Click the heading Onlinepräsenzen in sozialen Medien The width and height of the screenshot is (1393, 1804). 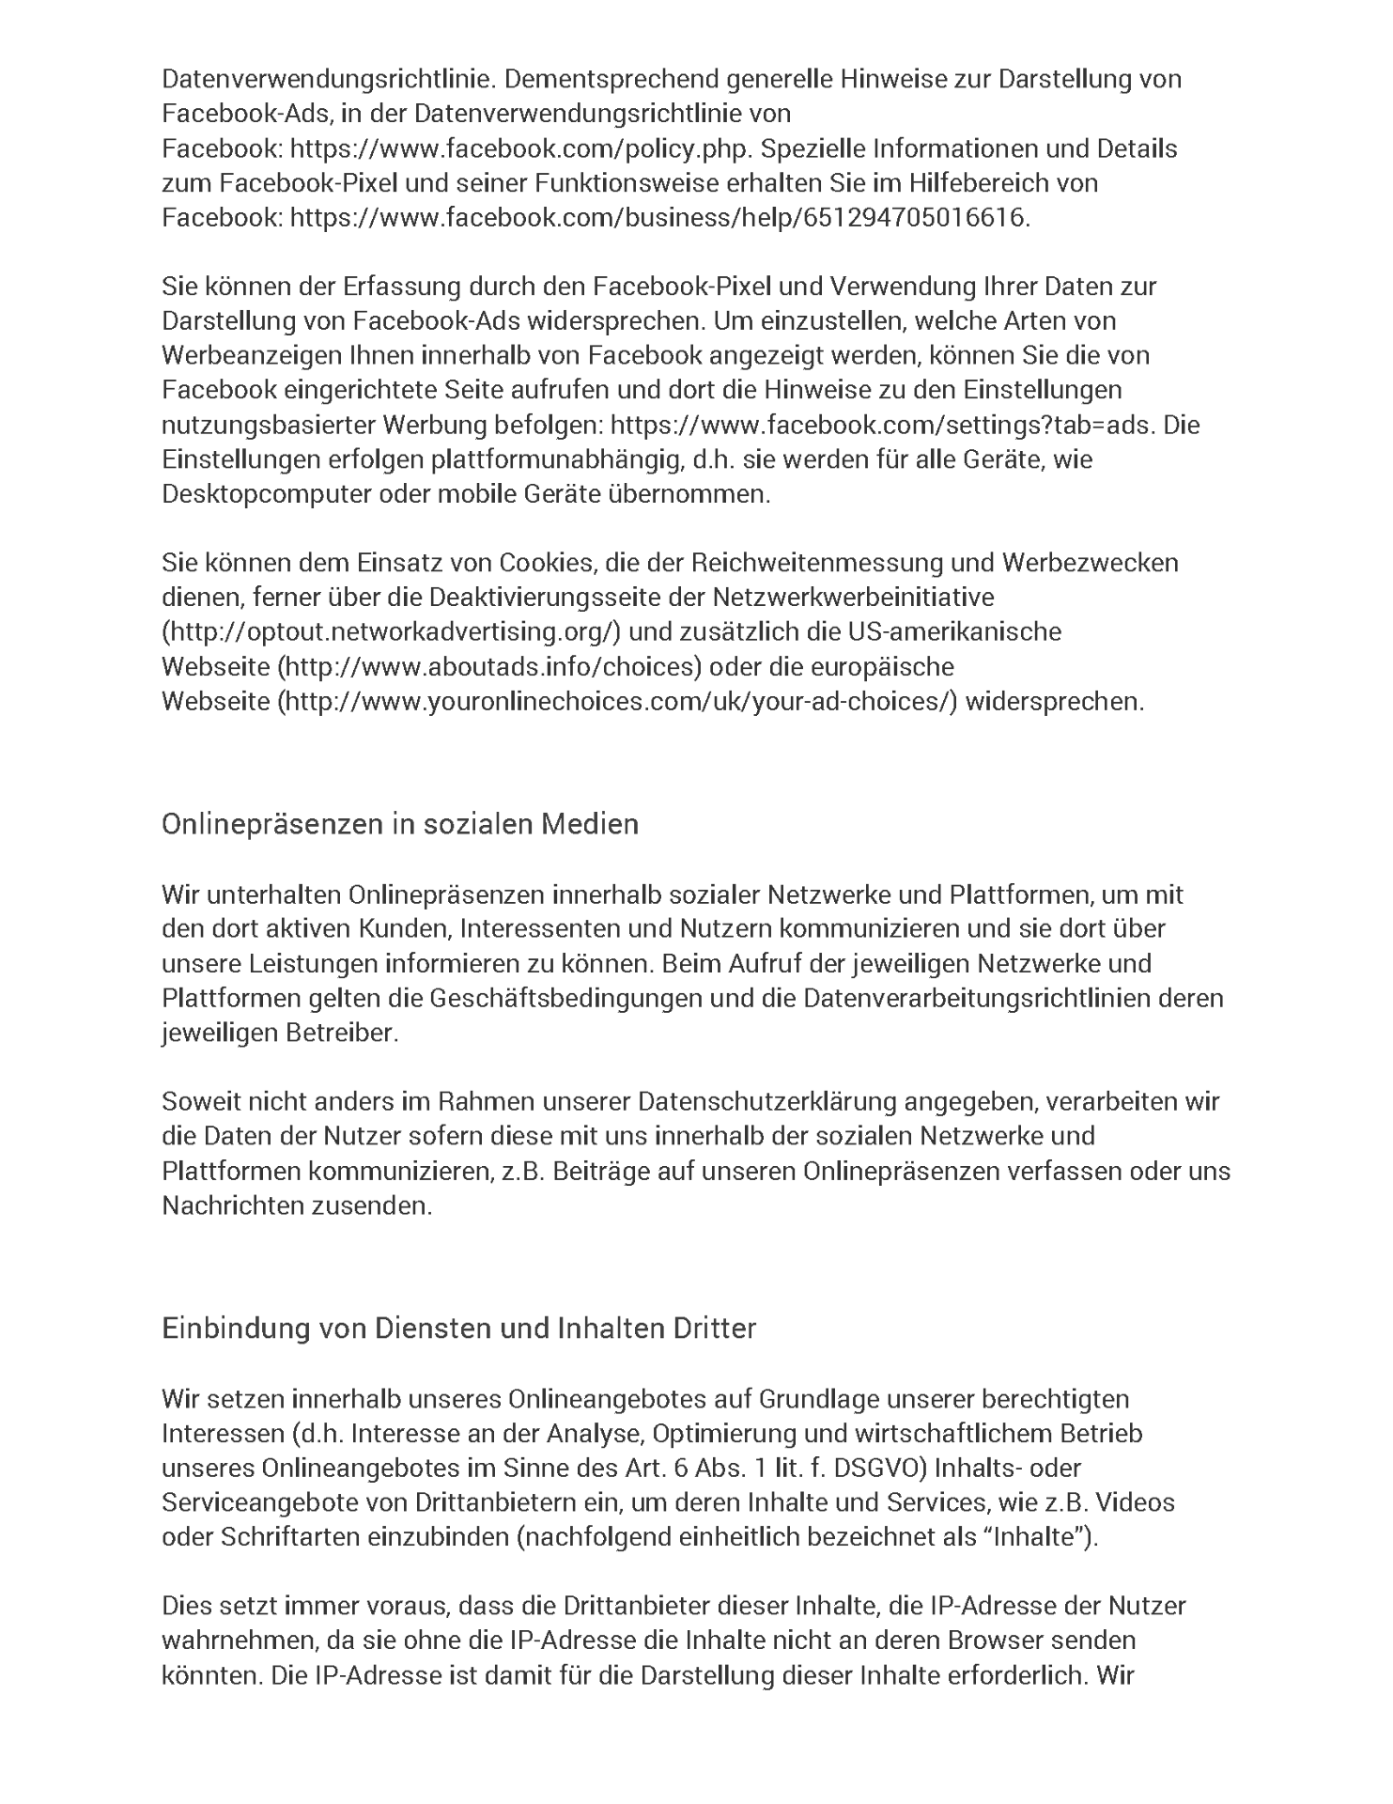400,824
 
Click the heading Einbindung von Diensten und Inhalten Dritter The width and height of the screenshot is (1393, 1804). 458,1330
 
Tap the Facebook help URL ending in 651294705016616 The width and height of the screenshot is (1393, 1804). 659,218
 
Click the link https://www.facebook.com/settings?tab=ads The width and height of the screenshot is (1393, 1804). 880,425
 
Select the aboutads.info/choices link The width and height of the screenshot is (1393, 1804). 489,667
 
